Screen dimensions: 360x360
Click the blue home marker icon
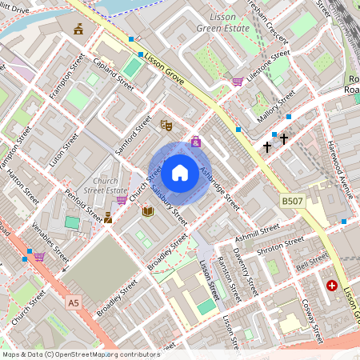point(180,171)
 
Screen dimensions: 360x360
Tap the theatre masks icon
point(166,126)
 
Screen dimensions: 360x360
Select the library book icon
point(147,211)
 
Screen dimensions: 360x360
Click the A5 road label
point(74,302)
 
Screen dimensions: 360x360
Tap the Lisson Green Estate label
point(223,22)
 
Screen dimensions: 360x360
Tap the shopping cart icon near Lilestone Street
point(237,81)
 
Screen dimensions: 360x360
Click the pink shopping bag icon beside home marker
point(196,142)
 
